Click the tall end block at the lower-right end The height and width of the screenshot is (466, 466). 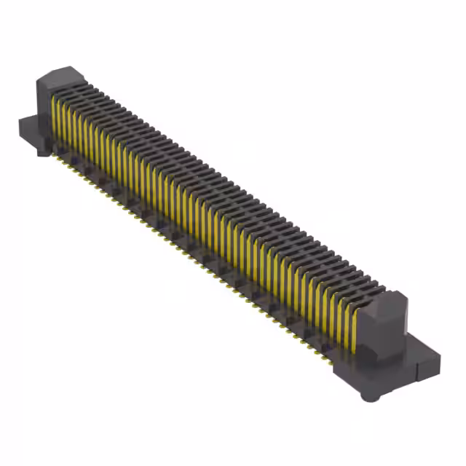394,328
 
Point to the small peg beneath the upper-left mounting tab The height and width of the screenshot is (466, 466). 42,152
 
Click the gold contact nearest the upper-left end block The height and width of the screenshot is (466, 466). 55,120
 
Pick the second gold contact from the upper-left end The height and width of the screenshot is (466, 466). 61,124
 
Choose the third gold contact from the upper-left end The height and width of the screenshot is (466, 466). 68,128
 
